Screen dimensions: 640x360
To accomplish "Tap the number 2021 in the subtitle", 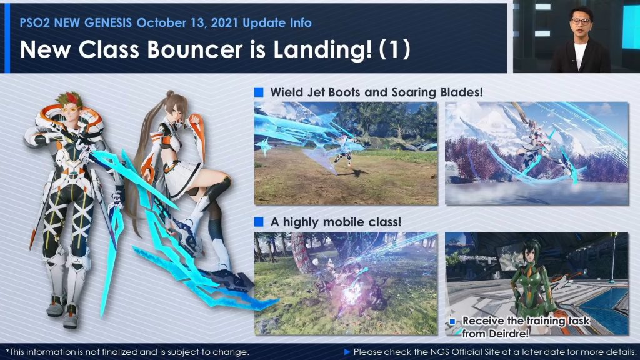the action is (x=224, y=23).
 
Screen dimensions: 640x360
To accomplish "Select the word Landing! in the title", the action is (x=322, y=50).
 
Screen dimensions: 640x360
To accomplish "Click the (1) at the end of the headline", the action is (x=394, y=50).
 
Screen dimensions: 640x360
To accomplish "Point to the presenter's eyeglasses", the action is (x=581, y=22).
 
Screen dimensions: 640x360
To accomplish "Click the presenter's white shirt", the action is (x=580, y=55).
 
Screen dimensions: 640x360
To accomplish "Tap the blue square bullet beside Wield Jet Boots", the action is (x=258, y=92).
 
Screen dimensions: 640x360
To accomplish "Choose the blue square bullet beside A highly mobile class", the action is (x=258, y=222).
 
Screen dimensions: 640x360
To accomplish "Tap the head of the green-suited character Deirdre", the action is (x=530, y=256).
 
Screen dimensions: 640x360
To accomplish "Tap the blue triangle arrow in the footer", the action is (x=347, y=352).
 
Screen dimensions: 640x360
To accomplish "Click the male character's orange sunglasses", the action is (x=70, y=110).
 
